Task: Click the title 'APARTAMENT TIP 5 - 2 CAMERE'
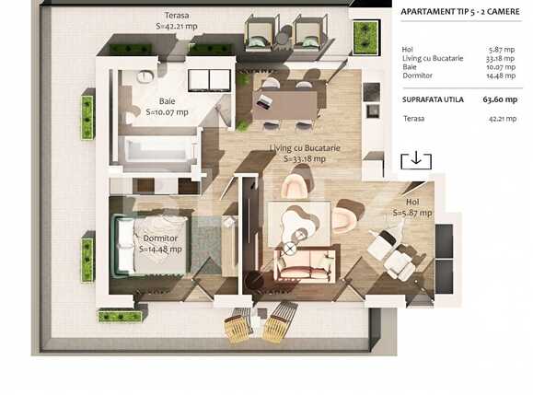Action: click(x=460, y=12)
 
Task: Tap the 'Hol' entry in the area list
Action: click(x=408, y=51)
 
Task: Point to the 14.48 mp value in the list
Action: click(x=503, y=76)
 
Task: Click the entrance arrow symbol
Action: click(x=416, y=159)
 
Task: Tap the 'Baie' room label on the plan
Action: click(x=168, y=101)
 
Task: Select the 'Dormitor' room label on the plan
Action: click(x=160, y=238)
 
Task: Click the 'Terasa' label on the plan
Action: click(x=178, y=16)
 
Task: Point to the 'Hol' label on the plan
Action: click(x=412, y=202)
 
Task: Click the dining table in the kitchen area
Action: click(x=285, y=100)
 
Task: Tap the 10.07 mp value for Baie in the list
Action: click(x=503, y=67)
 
